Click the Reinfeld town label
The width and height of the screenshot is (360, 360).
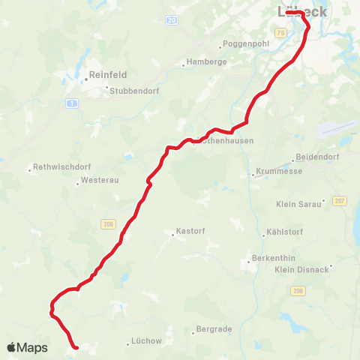pyautogui.click(x=108, y=74)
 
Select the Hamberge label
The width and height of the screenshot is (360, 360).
pyautogui.click(x=206, y=62)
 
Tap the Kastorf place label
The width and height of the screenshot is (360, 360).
pyautogui.click(x=190, y=231)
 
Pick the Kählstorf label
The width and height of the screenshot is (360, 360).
pyautogui.click(x=286, y=230)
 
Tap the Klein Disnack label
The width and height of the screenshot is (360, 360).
pyautogui.click(x=302, y=269)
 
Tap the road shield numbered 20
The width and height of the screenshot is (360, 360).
pyautogui.click(x=172, y=19)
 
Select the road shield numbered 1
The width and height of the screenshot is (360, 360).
pyautogui.click(x=72, y=102)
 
